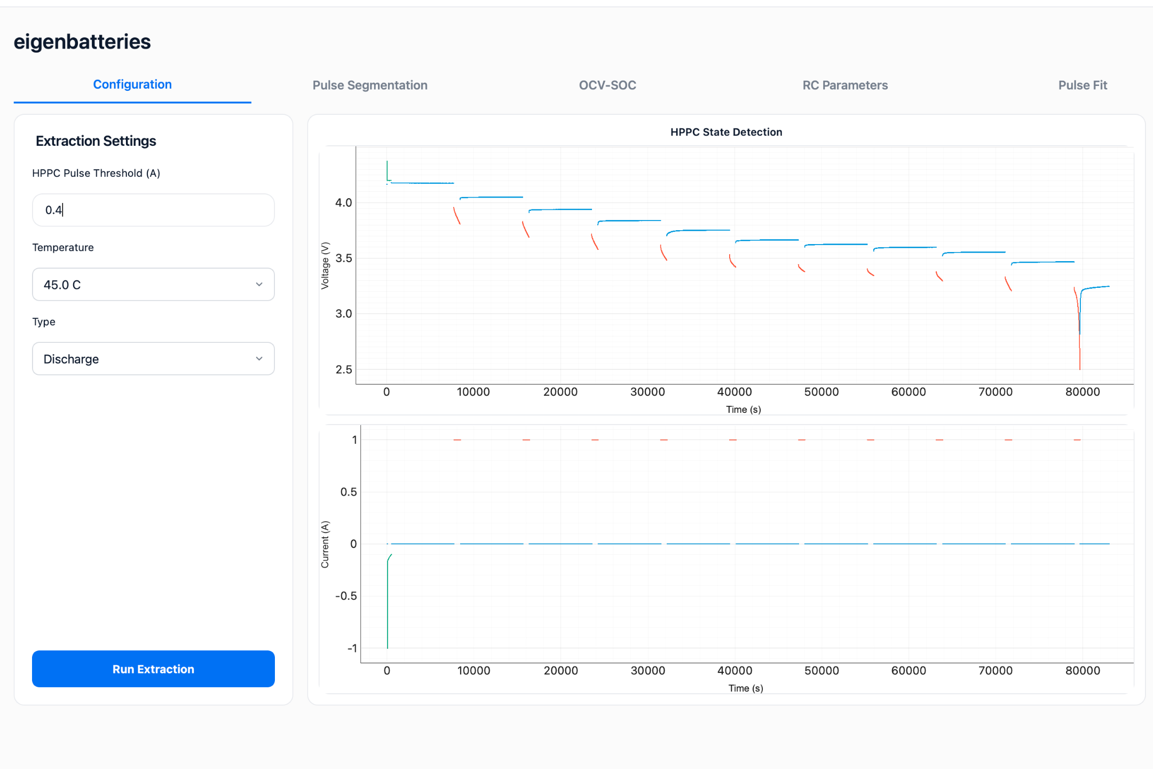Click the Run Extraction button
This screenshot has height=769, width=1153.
click(x=153, y=669)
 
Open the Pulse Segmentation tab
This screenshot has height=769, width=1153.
click(x=370, y=85)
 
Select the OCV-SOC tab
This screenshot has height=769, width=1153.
click(x=607, y=85)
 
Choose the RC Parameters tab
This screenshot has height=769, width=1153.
click(x=845, y=85)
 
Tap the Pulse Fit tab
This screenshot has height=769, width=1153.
click(x=1083, y=85)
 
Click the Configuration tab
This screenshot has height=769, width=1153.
click(x=132, y=84)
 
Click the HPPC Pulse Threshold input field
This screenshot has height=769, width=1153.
click(x=153, y=210)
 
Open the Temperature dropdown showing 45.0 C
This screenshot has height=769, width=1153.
click(x=153, y=284)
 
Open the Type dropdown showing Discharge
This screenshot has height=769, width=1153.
click(x=153, y=358)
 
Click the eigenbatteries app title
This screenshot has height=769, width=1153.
click(x=82, y=42)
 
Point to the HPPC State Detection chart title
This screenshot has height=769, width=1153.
click(x=726, y=132)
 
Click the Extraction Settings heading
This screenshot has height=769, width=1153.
click(x=96, y=141)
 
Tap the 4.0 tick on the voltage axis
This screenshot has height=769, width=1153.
click(x=343, y=202)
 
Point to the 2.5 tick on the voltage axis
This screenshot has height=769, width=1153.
click(x=343, y=370)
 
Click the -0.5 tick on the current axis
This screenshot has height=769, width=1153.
click(x=346, y=596)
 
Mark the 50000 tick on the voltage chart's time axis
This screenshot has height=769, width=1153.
click(x=822, y=392)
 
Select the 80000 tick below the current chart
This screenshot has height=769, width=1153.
click(x=1083, y=671)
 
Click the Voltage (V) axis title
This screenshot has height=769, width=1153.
click(x=325, y=265)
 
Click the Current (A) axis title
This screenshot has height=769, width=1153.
click(x=325, y=544)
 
